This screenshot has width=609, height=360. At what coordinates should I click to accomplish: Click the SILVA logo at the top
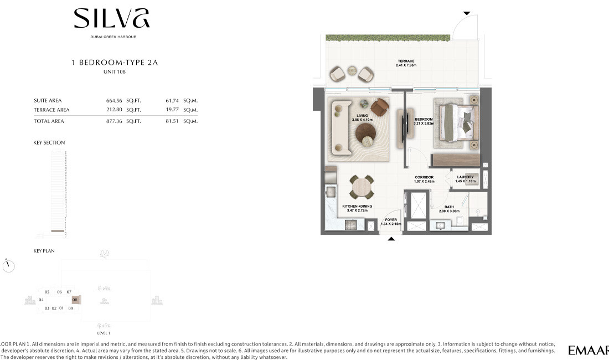click(112, 19)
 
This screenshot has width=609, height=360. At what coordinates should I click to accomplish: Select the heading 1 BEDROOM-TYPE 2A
click(115, 63)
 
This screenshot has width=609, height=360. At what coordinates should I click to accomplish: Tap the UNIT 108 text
click(115, 72)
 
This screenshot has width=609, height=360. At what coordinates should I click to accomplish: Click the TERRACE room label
click(406, 61)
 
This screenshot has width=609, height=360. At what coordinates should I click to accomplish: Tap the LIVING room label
click(362, 116)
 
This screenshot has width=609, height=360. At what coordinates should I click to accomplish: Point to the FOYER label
click(391, 220)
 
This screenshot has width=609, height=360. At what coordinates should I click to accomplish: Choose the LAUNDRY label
click(465, 177)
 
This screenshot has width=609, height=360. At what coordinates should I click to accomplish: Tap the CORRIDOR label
click(425, 177)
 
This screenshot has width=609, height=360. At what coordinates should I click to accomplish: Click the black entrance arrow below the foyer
click(391, 239)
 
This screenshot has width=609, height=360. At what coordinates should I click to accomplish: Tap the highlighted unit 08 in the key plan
click(76, 300)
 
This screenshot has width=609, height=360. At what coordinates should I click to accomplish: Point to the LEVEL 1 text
click(104, 333)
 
